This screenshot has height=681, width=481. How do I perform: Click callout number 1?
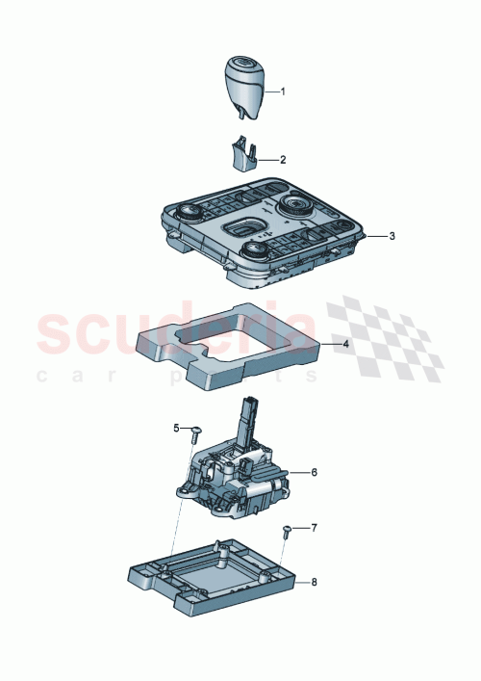tap(284, 92)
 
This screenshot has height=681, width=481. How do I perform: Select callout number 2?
tap(284, 159)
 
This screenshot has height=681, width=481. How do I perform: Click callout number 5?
tap(176, 427)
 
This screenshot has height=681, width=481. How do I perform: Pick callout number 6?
tap(313, 472)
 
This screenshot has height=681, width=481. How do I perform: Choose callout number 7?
tap(313, 529)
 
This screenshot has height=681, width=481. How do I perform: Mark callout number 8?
tap(313, 583)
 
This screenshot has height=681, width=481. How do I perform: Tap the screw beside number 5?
tap(195, 430)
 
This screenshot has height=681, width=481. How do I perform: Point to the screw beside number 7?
tap(288, 531)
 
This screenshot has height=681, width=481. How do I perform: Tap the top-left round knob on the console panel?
tap(190, 213)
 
